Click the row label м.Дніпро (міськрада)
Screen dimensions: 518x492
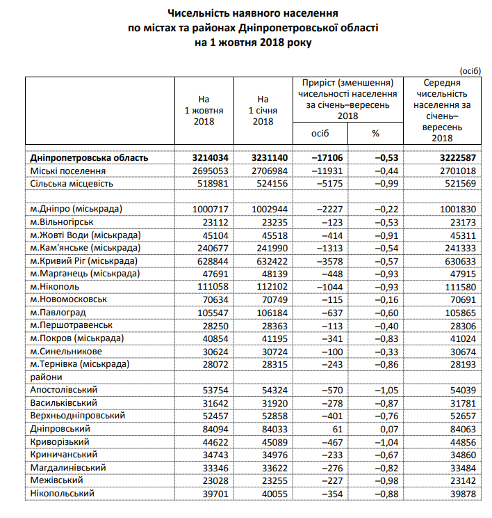[x=76, y=209]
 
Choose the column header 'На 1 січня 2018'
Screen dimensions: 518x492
[x=262, y=110]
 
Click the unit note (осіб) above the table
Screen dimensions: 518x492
[x=470, y=70]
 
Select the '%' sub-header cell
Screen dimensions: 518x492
[x=375, y=133]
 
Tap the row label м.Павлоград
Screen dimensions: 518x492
[x=59, y=312]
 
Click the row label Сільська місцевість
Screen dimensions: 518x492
[x=72, y=184]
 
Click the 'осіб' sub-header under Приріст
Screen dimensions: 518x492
[x=320, y=133]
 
